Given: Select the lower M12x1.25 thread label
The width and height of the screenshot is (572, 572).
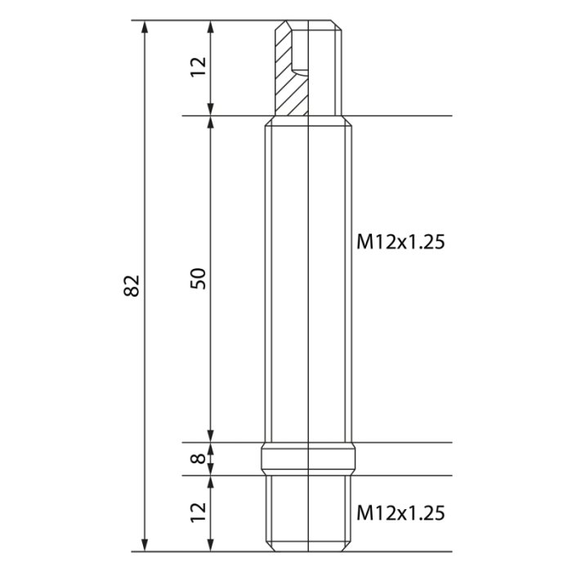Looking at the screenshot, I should tap(400, 512).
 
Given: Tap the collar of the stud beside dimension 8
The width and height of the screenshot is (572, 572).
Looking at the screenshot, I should tap(307, 458).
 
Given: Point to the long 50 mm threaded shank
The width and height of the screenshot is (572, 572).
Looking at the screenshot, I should tap(307, 278).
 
